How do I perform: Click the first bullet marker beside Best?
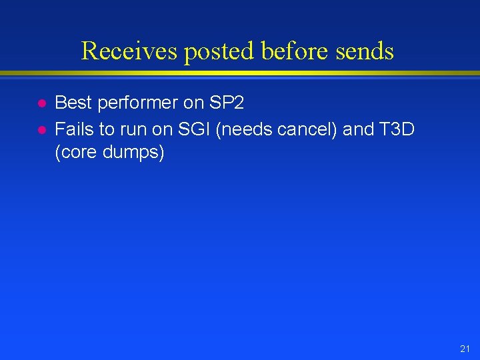40,104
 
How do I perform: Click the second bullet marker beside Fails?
40,129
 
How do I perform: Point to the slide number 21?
465,349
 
